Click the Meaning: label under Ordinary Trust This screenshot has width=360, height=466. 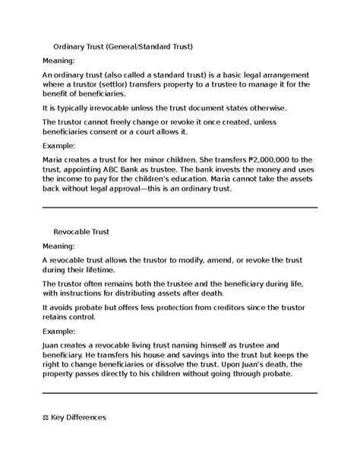pyautogui.click(x=58, y=60)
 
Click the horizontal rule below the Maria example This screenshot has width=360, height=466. pyautogui.click(x=179, y=208)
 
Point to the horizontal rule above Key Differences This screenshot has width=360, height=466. pyautogui.click(x=179, y=394)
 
